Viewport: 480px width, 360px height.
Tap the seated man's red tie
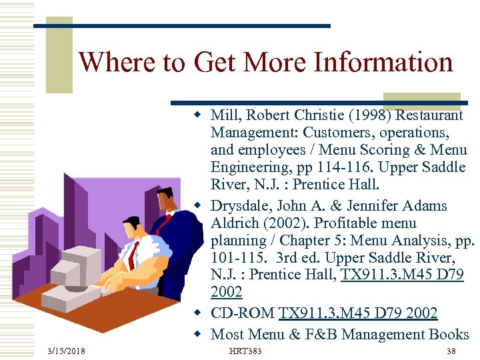(135, 254)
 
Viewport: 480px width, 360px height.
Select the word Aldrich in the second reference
(233, 223)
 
